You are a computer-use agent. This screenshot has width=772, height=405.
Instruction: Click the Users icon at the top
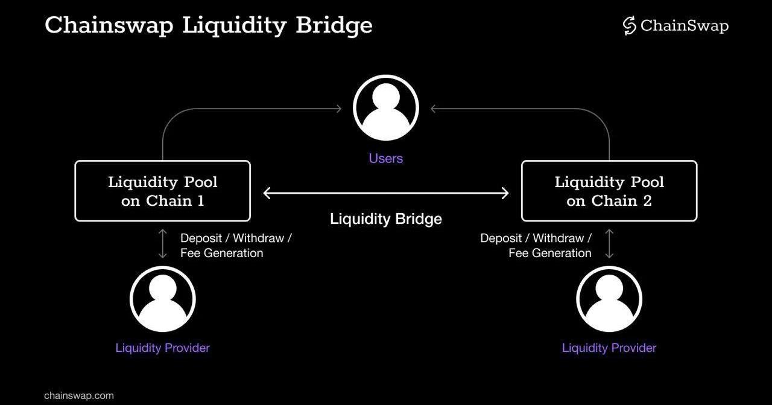click(x=386, y=108)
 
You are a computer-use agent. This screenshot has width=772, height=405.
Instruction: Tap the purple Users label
click(x=386, y=158)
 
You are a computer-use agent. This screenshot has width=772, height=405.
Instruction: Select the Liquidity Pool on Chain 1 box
click(x=162, y=191)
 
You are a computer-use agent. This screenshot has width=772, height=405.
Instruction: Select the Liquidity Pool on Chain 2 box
click(x=609, y=191)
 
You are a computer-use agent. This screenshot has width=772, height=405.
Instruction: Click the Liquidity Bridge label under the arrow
click(x=386, y=218)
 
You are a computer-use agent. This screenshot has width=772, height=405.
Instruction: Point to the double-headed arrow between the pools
click(x=386, y=193)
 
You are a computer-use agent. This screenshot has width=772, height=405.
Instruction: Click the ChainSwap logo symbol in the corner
click(x=630, y=26)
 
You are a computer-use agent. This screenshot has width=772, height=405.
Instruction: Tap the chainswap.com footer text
click(x=79, y=396)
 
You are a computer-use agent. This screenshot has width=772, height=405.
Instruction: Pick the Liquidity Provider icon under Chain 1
click(x=162, y=299)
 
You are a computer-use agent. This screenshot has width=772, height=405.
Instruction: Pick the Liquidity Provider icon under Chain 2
click(x=609, y=299)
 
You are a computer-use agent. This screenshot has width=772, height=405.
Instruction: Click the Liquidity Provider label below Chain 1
click(x=162, y=348)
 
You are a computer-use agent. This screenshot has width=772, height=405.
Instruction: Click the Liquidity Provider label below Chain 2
click(x=609, y=348)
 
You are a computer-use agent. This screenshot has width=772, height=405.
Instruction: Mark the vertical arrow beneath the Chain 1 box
click(x=162, y=243)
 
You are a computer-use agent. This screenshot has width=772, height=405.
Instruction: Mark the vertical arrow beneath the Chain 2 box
click(x=609, y=243)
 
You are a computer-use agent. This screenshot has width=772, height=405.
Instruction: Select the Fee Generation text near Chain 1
click(x=221, y=253)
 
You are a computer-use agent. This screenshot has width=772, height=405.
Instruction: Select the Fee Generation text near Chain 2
click(x=550, y=253)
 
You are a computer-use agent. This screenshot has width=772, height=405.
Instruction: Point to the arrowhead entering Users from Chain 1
click(x=338, y=109)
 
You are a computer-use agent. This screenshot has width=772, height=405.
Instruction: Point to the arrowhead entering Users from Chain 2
click(x=434, y=109)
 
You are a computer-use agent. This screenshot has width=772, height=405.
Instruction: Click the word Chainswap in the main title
click(x=109, y=26)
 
